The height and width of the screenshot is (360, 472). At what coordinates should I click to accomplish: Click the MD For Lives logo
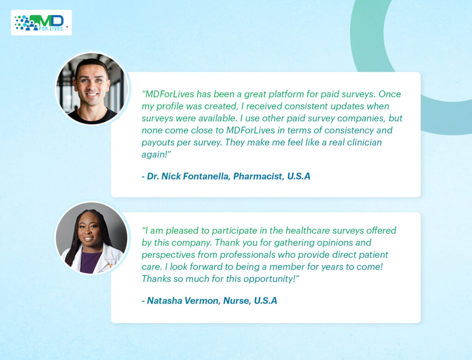point(41,23)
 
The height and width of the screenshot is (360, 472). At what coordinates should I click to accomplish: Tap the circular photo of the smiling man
point(92,89)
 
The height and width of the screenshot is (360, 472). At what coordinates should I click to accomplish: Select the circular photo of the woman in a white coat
point(92,238)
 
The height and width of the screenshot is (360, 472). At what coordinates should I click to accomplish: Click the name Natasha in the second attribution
point(165,301)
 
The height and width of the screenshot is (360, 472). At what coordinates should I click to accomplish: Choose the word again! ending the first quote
point(156,155)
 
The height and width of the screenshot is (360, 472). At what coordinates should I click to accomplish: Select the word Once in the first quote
point(389,94)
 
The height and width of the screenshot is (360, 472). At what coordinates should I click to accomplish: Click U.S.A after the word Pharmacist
point(299,176)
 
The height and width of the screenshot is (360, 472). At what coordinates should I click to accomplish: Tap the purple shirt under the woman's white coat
point(90,262)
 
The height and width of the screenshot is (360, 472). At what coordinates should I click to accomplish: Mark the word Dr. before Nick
point(153,176)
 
